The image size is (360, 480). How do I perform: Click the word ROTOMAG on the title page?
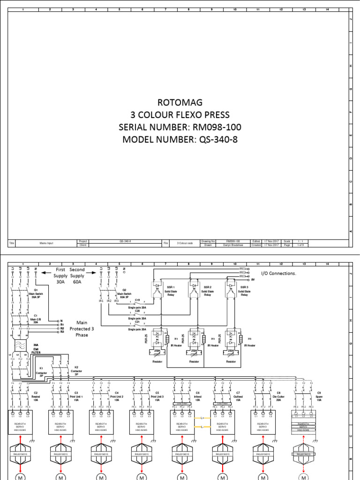click(x=180, y=103)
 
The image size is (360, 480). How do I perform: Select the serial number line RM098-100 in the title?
click(x=180, y=127)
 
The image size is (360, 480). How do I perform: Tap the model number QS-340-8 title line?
click(x=180, y=140)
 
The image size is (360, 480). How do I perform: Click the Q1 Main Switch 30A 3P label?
click(x=28, y=294)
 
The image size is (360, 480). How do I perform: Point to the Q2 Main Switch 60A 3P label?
click(x=125, y=294)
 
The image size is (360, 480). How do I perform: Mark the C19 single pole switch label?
click(x=137, y=300)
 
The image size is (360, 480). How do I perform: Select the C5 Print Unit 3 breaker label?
click(x=157, y=395)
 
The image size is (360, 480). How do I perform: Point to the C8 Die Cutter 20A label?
click(x=278, y=395)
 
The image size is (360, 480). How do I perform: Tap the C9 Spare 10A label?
click(x=319, y=395)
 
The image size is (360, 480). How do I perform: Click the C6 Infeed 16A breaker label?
click(x=198, y=395)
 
